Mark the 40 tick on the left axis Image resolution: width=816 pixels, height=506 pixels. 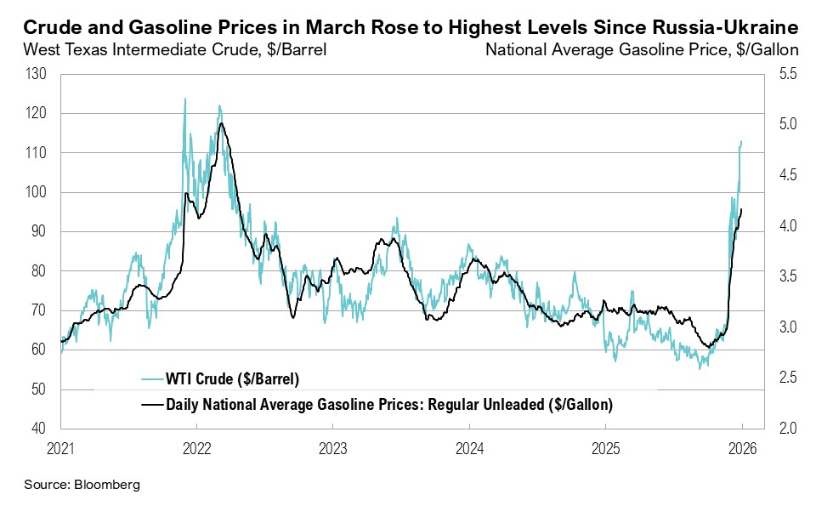tap(40, 429)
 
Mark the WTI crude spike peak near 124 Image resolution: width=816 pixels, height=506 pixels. tap(185, 99)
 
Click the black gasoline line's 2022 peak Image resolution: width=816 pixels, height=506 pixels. tap(222, 124)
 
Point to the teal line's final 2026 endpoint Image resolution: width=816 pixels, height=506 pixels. tap(741, 141)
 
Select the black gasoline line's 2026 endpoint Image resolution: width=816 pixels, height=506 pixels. tap(741, 209)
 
